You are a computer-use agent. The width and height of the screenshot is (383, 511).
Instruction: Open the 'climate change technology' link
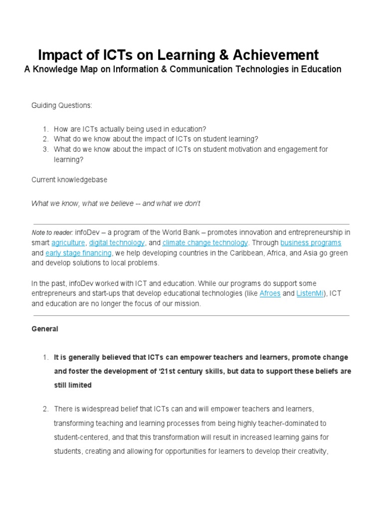[205, 243]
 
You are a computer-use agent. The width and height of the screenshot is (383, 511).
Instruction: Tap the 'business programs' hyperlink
[311, 243]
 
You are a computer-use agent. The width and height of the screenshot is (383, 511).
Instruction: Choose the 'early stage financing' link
[78, 253]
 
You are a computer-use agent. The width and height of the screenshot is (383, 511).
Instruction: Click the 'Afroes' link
[270, 293]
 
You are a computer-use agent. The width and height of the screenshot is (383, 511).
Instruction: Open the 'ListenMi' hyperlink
[310, 293]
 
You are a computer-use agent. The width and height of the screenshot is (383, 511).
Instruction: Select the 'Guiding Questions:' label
[62, 106]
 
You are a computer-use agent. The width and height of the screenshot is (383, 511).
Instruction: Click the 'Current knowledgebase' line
[69, 180]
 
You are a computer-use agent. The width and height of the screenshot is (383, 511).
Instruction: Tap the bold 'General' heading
[45, 329]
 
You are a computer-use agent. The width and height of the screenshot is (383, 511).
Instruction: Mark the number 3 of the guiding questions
[45, 149]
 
